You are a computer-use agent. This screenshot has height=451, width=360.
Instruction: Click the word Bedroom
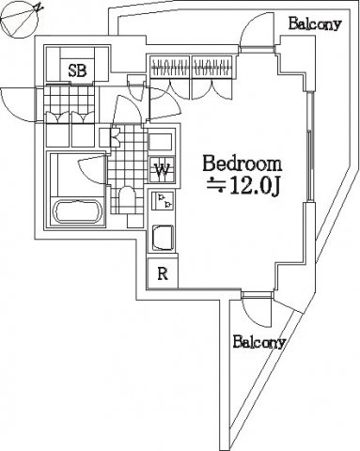point(243,163)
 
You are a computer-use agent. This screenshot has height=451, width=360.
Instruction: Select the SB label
point(77,70)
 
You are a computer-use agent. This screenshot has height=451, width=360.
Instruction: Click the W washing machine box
point(162,169)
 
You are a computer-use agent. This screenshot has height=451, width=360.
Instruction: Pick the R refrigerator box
point(163,273)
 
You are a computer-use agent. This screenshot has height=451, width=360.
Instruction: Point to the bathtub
point(78,211)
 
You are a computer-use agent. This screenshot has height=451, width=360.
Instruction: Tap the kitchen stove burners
point(163,201)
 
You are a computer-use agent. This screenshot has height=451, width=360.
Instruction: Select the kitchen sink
point(163,238)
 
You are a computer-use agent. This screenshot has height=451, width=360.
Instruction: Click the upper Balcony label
point(314,23)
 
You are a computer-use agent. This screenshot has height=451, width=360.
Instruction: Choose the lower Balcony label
point(258,342)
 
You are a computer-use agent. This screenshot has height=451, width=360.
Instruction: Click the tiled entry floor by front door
point(69,100)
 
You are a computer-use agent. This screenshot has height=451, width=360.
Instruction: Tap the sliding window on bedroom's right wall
point(309,147)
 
